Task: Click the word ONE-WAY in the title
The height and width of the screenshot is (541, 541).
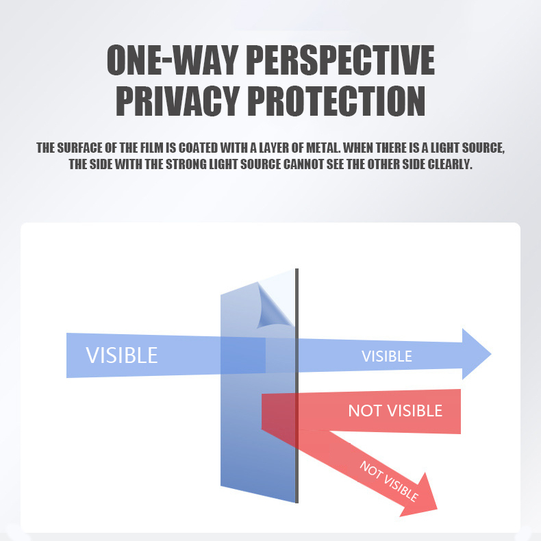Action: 173,60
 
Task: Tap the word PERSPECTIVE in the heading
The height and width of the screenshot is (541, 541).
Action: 340,60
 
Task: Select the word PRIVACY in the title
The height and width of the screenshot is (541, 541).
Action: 177,101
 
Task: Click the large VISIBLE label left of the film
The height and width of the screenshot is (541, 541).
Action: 122,355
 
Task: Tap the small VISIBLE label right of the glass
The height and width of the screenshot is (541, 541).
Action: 387,356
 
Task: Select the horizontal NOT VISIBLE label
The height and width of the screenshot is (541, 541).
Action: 395,411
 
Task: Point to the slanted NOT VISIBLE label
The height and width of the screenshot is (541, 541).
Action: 389,481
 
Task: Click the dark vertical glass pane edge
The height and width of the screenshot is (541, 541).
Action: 297,386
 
